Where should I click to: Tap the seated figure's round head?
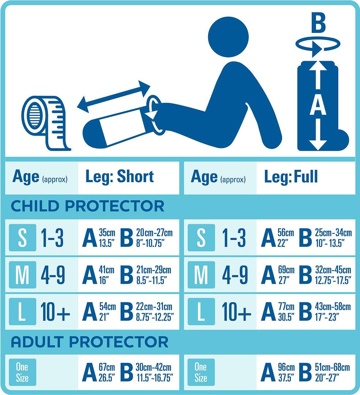point(229,37)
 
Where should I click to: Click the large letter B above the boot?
point(318,23)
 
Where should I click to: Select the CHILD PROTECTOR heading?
point(88,206)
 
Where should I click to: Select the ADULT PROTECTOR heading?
point(90,342)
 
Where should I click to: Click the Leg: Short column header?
point(120,176)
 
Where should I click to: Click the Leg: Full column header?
point(291,176)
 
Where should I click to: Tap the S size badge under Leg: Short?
point(22,238)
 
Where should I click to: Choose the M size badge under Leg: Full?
point(201,275)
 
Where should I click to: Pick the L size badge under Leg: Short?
point(22,311)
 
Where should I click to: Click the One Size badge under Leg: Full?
point(201,372)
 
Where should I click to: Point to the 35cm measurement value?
point(107,233)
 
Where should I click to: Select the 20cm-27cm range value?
point(154,233)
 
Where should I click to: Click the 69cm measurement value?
point(286,270)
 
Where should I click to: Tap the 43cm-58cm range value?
point(333,306)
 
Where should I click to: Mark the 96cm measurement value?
point(286,367)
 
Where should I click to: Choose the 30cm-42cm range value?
point(154,367)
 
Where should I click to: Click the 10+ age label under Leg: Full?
point(236,312)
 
